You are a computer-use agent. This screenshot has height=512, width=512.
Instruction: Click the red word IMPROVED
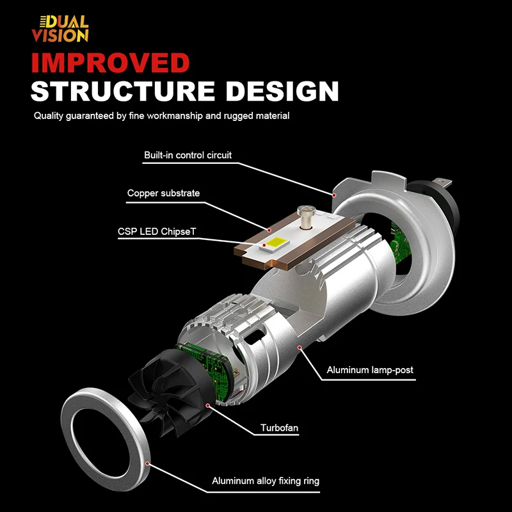click(111, 63)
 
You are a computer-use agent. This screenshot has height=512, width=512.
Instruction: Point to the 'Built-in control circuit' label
click(188, 155)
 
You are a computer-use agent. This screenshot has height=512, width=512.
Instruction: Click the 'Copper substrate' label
click(163, 193)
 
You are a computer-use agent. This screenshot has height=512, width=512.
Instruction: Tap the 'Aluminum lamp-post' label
click(365, 370)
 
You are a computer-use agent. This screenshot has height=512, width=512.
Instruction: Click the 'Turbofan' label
click(279, 428)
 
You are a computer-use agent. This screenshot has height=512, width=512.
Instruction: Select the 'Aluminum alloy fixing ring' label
click(266, 481)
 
